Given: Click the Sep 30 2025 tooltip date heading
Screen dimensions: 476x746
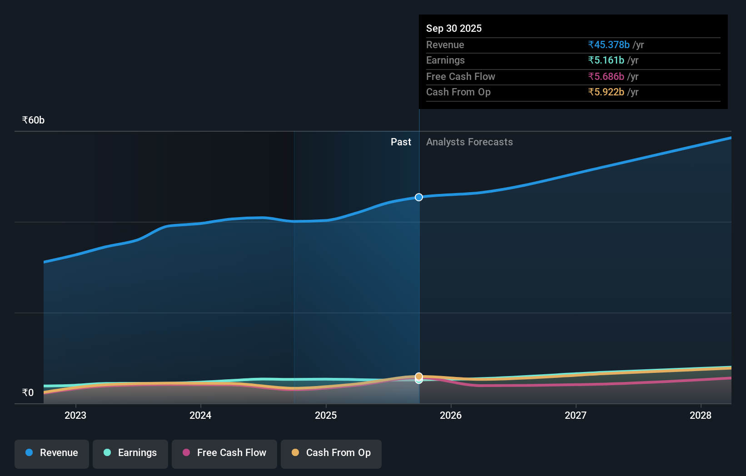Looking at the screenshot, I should pyautogui.click(x=453, y=28).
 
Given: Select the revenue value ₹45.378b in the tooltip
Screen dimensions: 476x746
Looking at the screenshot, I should pyautogui.click(x=608, y=45).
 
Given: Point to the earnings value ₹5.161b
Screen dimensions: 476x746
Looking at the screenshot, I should pyautogui.click(x=606, y=60).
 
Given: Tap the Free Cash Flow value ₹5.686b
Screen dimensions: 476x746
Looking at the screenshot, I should pyautogui.click(x=606, y=76).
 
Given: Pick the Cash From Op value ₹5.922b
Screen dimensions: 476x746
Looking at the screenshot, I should pyautogui.click(x=606, y=92).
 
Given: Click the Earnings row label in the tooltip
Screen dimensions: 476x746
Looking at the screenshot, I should pyautogui.click(x=445, y=60).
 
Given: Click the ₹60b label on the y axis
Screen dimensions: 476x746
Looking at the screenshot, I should pyautogui.click(x=33, y=120).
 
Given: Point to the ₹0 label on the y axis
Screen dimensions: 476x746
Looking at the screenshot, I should pyautogui.click(x=28, y=392).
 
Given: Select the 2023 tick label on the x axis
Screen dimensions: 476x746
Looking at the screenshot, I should pyautogui.click(x=75, y=415).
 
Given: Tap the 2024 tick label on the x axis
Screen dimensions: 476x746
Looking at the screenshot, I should pyautogui.click(x=200, y=415).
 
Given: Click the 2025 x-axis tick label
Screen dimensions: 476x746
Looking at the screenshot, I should pyautogui.click(x=326, y=415).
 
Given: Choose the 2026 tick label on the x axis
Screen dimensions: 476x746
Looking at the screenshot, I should pyautogui.click(x=451, y=415).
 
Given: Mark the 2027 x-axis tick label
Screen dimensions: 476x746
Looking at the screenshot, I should pyautogui.click(x=576, y=415).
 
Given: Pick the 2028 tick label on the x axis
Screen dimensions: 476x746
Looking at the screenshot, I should pyautogui.click(x=701, y=415).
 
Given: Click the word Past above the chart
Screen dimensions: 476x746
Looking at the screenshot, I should pyautogui.click(x=401, y=142).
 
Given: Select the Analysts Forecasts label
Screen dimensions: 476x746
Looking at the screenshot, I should pyautogui.click(x=469, y=142).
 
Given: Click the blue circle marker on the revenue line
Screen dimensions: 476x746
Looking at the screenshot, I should pyautogui.click(x=419, y=197).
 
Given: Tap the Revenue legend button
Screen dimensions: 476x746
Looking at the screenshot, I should pyautogui.click(x=52, y=453).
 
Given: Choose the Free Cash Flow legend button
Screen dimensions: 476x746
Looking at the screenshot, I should pyautogui.click(x=224, y=453).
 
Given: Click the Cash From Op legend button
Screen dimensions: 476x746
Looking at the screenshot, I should pyautogui.click(x=331, y=453).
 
